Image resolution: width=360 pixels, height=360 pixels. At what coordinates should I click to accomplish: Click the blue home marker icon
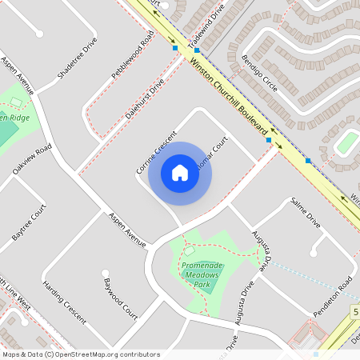click(180, 173)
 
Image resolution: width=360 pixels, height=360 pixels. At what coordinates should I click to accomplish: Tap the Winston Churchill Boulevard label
click(233, 102)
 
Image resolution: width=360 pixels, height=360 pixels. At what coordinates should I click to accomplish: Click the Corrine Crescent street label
click(155, 152)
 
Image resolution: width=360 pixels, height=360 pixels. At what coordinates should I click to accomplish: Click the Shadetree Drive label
click(78, 58)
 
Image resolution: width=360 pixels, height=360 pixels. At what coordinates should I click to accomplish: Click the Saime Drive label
click(306, 213)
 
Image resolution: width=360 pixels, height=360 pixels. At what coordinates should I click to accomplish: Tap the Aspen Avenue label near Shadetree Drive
click(18, 75)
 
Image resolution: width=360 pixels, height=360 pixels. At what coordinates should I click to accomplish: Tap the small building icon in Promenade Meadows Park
click(190, 251)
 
